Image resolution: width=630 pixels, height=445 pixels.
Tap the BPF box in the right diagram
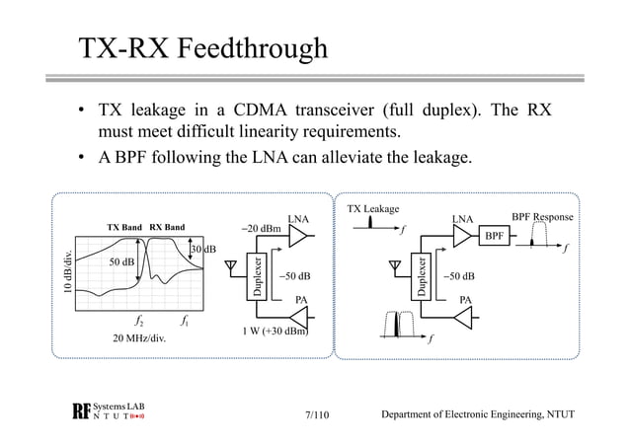495,237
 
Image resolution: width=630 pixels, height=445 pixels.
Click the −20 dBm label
264,229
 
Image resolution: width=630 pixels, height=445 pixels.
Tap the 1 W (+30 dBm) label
275,331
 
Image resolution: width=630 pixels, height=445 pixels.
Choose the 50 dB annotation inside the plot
121,262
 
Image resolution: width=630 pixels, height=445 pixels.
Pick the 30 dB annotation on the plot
202,249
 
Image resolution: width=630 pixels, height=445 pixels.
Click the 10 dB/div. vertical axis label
67,272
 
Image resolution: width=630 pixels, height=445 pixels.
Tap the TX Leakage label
374,209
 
